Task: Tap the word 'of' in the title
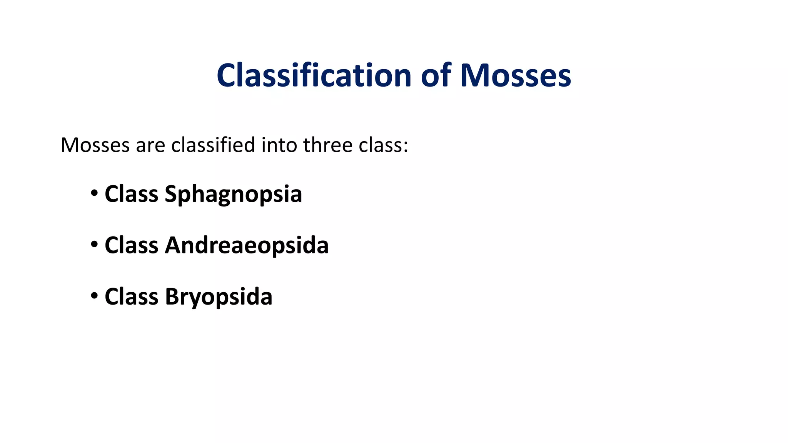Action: click(x=436, y=75)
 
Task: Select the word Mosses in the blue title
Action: click(x=516, y=75)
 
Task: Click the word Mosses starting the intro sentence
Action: click(x=95, y=145)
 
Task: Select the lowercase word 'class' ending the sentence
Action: click(x=380, y=145)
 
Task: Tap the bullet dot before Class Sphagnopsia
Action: click(x=94, y=193)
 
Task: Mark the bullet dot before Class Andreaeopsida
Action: click(x=94, y=244)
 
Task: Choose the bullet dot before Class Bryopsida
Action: click(x=94, y=296)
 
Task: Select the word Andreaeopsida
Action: click(x=247, y=245)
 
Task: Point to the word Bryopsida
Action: click(x=219, y=297)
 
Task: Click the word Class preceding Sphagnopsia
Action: click(x=131, y=194)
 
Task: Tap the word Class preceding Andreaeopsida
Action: click(x=131, y=245)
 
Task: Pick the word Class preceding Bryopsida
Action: click(x=131, y=296)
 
